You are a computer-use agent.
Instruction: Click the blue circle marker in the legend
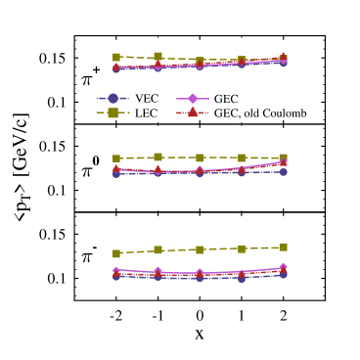click(112, 98)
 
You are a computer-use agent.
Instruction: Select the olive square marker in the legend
click(112, 112)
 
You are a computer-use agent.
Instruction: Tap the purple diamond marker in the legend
click(193, 98)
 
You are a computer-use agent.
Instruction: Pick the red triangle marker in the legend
click(193, 112)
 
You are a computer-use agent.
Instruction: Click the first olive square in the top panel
click(116, 57)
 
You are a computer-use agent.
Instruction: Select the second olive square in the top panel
click(157, 57)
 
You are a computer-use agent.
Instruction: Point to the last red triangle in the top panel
click(284, 57)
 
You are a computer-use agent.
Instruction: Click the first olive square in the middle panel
click(116, 157)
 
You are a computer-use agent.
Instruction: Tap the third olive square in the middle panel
click(200, 157)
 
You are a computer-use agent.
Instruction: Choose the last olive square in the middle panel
click(284, 157)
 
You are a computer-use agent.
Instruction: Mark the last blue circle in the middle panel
click(284, 171)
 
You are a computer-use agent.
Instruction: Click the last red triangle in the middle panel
click(284, 162)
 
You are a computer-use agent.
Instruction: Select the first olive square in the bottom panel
click(116, 253)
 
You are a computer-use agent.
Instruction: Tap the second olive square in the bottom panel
click(157, 249)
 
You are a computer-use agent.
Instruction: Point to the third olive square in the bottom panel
click(200, 249)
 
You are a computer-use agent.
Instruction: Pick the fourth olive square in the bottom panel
click(242, 248)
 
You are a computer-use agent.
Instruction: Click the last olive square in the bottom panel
click(284, 247)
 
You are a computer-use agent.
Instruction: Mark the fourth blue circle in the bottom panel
click(242, 278)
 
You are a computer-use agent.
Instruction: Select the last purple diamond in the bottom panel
click(284, 267)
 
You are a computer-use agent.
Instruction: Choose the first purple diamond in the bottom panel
click(116, 271)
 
